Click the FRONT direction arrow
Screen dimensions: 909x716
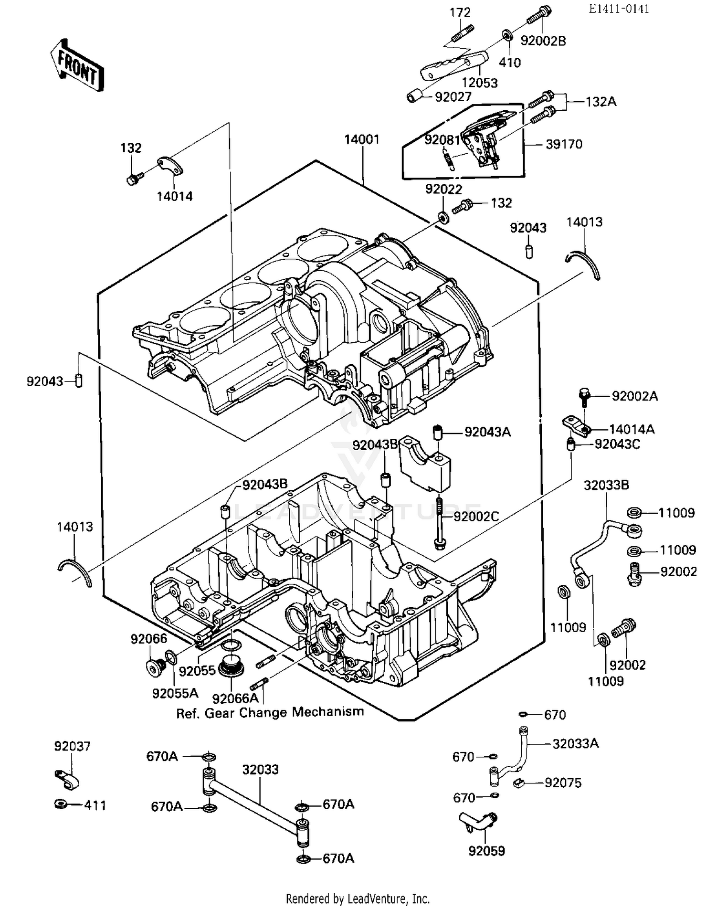click(77, 66)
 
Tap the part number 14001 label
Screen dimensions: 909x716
click(362, 139)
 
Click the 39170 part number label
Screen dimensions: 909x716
click(564, 144)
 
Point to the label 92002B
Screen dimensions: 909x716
click(543, 41)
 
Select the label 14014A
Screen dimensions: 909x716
click(632, 429)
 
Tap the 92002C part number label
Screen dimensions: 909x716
click(476, 517)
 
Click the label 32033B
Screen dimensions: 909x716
click(606, 485)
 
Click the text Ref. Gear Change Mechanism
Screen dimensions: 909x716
click(270, 713)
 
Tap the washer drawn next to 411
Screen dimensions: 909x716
click(61, 805)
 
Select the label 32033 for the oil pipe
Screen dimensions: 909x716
click(260, 770)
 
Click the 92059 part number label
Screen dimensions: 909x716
click(486, 851)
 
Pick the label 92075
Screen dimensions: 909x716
click(563, 783)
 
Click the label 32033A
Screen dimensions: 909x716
click(575, 743)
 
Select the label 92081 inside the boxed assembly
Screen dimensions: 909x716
click(442, 140)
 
